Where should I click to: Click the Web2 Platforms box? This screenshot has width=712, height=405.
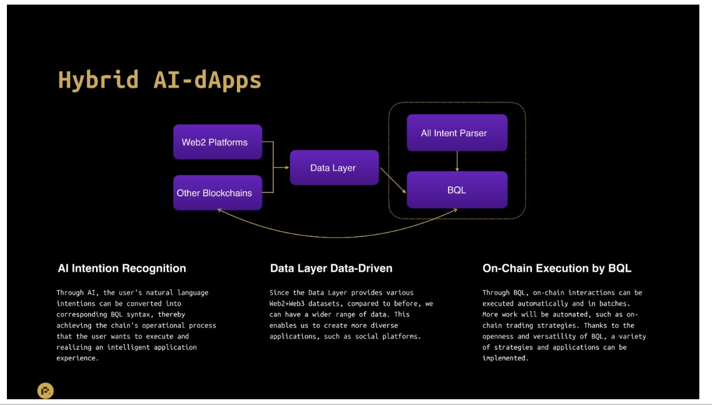(218, 142)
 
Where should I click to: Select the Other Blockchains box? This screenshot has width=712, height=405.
(218, 193)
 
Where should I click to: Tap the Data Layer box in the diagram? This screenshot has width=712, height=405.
(334, 167)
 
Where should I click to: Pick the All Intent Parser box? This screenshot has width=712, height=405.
(457, 132)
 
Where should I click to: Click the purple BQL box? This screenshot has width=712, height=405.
(457, 190)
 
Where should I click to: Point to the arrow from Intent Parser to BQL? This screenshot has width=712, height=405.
(457, 161)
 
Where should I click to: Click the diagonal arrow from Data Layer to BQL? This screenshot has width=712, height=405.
(393, 180)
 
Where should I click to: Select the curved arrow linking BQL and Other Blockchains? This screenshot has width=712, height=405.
(337, 237)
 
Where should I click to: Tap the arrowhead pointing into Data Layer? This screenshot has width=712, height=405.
(287, 167)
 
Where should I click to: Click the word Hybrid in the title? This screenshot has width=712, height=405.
(98, 81)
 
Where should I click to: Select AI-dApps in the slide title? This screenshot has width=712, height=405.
(207, 81)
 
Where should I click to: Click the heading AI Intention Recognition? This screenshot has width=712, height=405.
(122, 268)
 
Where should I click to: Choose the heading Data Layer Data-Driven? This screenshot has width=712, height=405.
(331, 268)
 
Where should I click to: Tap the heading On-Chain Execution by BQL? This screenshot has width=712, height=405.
(557, 268)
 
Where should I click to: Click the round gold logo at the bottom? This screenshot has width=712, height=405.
(45, 391)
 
